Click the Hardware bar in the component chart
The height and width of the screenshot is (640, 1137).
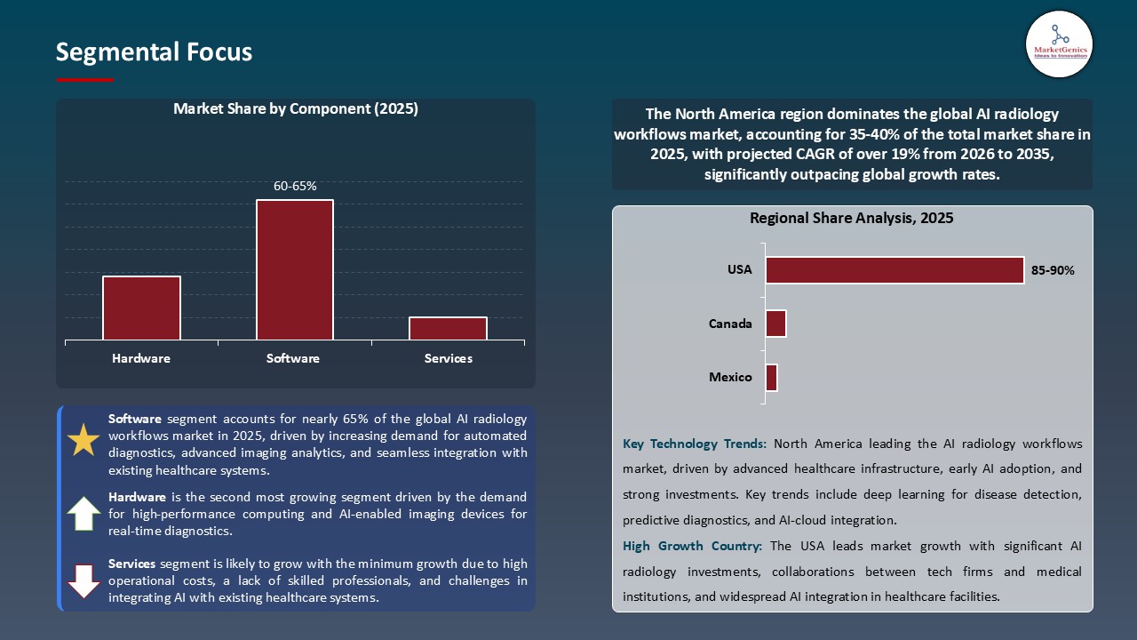click(x=141, y=308)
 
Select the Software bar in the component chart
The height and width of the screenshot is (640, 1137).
click(x=294, y=269)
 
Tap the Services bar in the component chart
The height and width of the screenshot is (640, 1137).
click(x=448, y=328)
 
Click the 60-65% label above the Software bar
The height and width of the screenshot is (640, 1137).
click(x=295, y=186)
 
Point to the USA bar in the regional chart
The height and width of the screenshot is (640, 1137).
click(x=894, y=270)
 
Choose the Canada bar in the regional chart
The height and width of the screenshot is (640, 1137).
click(x=775, y=324)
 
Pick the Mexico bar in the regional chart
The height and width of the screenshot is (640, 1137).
click(x=771, y=378)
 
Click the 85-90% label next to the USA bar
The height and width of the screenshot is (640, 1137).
click(x=1053, y=270)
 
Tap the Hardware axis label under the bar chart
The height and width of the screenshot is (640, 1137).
click(x=141, y=359)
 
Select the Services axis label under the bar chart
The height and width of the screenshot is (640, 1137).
click(x=448, y=359)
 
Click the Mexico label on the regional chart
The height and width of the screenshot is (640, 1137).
click(x=730, y=378)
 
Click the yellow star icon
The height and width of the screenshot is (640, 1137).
click(x=84, y=440)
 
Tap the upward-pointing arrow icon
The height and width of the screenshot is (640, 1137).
click(x=84, y=513)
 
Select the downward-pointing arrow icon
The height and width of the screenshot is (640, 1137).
click(x=84, y=580)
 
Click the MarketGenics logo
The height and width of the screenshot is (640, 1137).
click(x=1059, y=44)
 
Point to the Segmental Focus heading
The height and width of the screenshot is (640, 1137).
click(x=154, y=52)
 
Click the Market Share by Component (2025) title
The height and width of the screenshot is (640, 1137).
click(x=296, y=109)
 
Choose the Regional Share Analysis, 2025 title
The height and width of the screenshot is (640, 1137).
click(x=851, y=219)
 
